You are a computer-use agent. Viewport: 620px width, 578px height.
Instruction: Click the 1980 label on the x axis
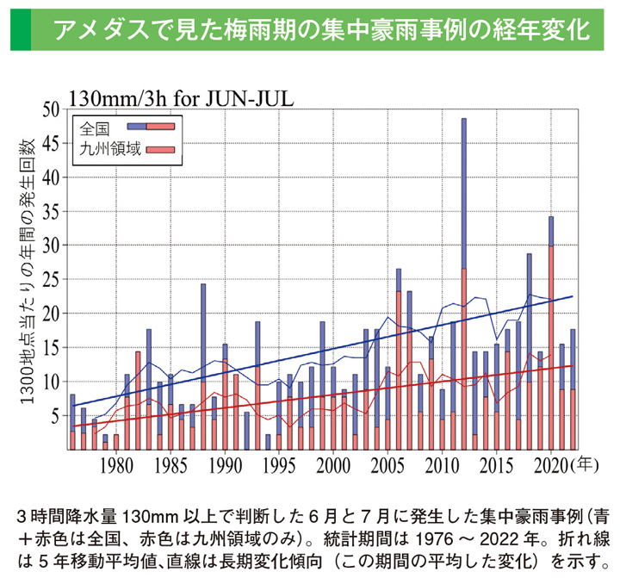click(x=116, y=466)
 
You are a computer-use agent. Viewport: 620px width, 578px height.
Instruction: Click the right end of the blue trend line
click(x=572, y=297)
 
